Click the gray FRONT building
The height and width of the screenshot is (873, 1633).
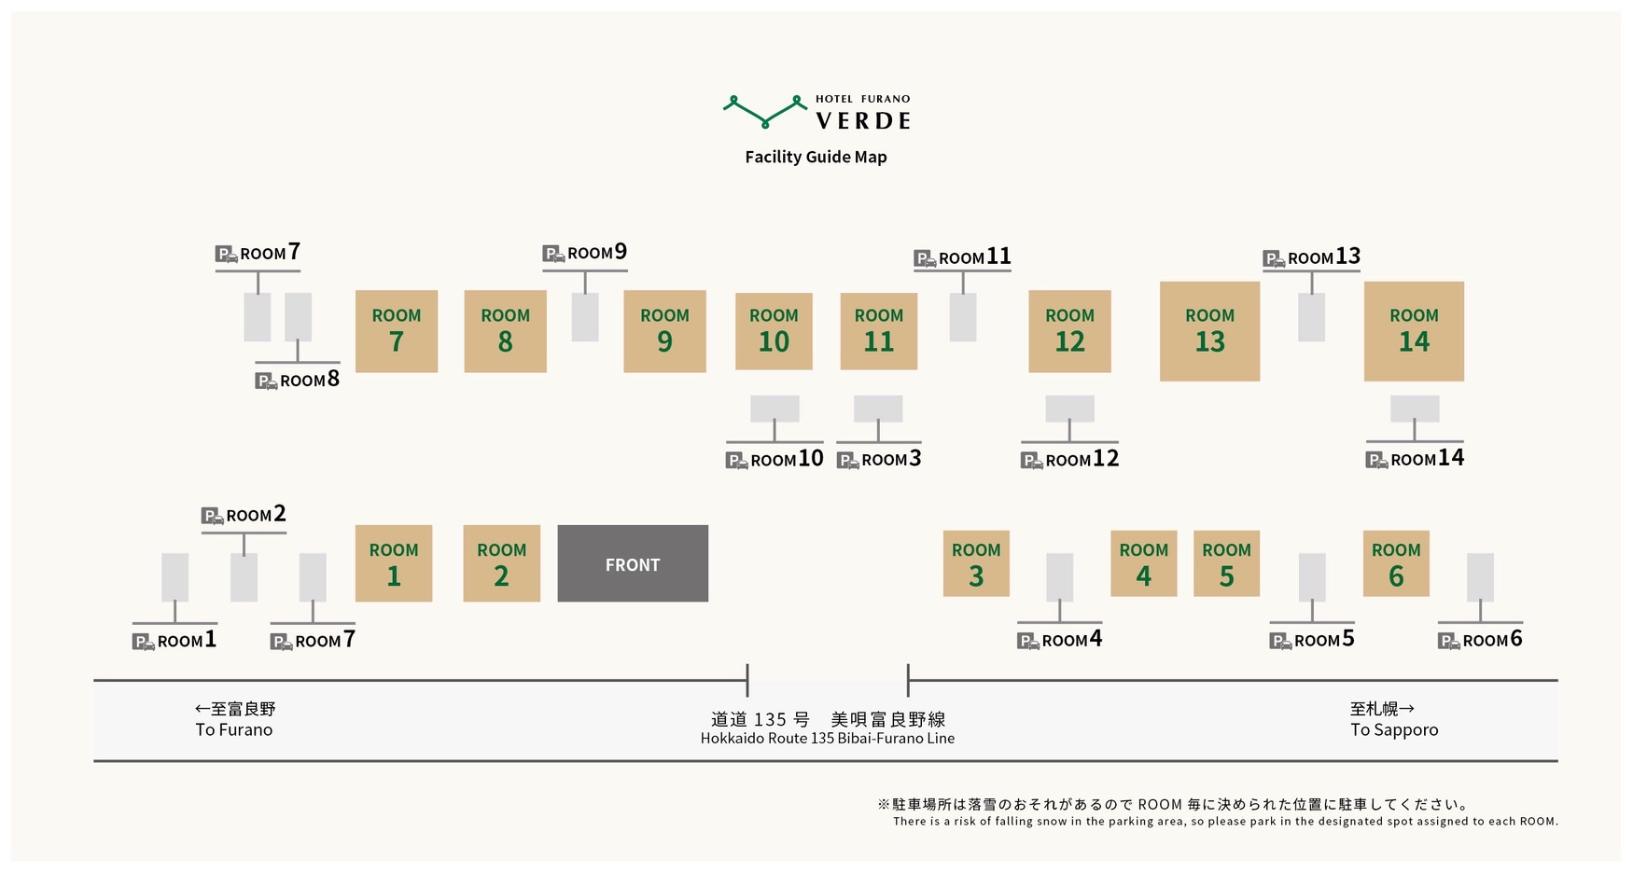(633, 563)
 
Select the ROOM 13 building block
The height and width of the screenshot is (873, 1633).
(1209, 331)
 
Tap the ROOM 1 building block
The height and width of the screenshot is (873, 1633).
(393, 563)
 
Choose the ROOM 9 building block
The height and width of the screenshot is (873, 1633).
(664, 331)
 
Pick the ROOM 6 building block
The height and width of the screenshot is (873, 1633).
(1395, 563)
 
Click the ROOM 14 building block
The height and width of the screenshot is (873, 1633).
(1414, 331)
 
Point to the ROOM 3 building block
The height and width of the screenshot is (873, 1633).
(976, 563)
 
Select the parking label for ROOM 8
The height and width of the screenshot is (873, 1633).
(298, 381)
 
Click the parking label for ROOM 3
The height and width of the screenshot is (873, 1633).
(879, 459)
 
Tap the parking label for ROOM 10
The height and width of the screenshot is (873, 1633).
(775, 459)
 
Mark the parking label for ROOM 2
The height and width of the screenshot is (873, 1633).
(244, 515)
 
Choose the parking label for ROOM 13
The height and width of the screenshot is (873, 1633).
(1311, 257)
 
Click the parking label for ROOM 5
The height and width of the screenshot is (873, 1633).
(1312, 640)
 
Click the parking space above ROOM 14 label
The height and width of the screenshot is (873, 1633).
(1414, 409)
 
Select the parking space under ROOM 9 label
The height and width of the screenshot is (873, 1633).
(585, 317)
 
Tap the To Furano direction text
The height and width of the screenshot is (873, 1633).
(234, 729)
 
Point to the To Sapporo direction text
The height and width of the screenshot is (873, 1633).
(1394, 729)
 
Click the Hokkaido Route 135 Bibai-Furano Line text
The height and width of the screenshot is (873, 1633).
(827, 738)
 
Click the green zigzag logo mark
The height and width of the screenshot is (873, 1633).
(765, 111)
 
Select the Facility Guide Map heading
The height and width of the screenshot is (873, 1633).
(816, 157)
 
